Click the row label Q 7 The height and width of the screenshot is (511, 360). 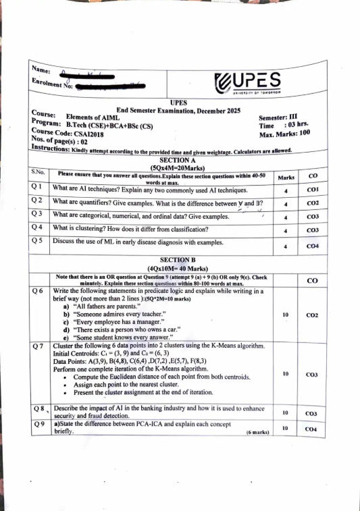click(39, 346)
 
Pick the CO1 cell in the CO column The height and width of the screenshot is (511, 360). click(313, 190)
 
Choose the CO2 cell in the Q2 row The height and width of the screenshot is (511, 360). click(313, 203)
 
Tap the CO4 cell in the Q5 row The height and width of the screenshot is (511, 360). click(313, 247)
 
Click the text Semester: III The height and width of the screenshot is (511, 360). click(279, 117)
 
